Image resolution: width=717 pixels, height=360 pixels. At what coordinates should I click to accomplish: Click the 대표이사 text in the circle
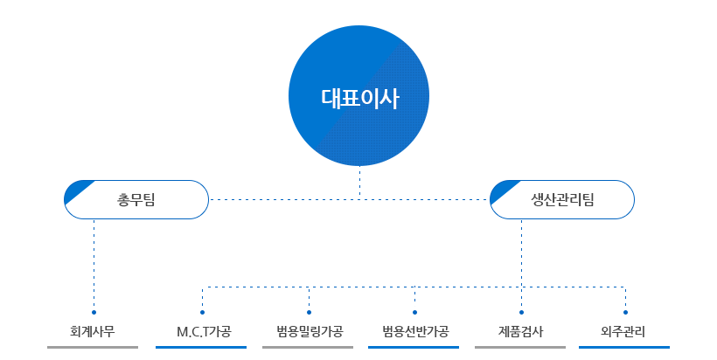coord(359,98)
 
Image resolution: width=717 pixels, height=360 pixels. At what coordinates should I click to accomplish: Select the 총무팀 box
coord(136,199)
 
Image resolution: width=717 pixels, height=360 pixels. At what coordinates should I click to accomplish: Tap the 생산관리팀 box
coord(562,199)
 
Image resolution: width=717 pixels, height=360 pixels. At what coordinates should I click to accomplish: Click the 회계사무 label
coord(93,332)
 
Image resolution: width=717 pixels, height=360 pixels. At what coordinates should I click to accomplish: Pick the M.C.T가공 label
coord(202,332)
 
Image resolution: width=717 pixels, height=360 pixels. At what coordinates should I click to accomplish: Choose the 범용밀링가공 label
coord(309,332)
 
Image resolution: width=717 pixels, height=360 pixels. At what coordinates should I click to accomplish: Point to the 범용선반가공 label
coord(415,332)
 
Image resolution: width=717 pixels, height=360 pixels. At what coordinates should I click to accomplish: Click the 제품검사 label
coord(521,332)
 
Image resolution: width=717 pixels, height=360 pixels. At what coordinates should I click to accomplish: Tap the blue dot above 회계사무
coord(94,312)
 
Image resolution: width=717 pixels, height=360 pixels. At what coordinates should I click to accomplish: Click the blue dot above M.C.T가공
coord(202,312)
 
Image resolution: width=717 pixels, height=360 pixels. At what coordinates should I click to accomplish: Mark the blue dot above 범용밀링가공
coord(309,312)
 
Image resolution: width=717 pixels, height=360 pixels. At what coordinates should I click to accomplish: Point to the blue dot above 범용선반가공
coord(414,312)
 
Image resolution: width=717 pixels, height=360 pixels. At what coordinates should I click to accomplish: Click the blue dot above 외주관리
coord(626,312)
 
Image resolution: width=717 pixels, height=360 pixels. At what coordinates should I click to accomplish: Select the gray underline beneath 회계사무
coord(93,347)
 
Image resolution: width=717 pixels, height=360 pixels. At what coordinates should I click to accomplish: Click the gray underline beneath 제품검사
coord(520,347)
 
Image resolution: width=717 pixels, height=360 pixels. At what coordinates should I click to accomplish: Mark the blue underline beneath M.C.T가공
coord(201,347)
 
